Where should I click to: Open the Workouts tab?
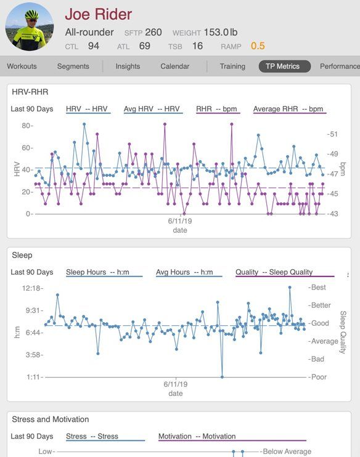coord(22,67)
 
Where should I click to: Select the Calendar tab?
coord(174,67)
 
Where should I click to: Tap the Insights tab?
coord(128,67)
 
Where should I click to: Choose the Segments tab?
coord(73,67)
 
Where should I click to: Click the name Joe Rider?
coord(98,14)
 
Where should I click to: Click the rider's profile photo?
coord(30,27)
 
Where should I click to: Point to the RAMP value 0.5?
coord(258,46)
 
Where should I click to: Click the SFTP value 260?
coord(153,33)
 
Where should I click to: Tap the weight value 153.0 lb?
coord(221,33)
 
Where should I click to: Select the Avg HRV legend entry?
coord(152,109)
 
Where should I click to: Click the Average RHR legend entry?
coord(288,109)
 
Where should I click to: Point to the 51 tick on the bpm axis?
coord(333,134)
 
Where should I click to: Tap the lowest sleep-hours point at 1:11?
coord(222,377)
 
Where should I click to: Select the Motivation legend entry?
coord(197,436)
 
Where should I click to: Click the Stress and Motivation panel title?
coord(51,419)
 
